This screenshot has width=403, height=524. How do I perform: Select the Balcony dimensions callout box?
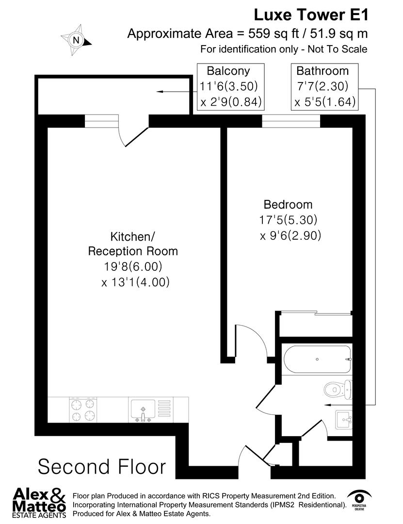(230, 86)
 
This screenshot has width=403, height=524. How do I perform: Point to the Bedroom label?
(288, 204)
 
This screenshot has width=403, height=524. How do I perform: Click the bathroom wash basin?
(345, 419)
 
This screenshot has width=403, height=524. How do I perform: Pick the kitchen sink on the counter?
(143, 409)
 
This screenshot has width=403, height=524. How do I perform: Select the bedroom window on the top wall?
(291, 121)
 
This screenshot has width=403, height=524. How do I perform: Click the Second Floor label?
(101, 466)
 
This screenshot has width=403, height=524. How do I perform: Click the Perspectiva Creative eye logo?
(360, 500)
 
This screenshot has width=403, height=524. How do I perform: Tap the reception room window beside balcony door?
(101, 121)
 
